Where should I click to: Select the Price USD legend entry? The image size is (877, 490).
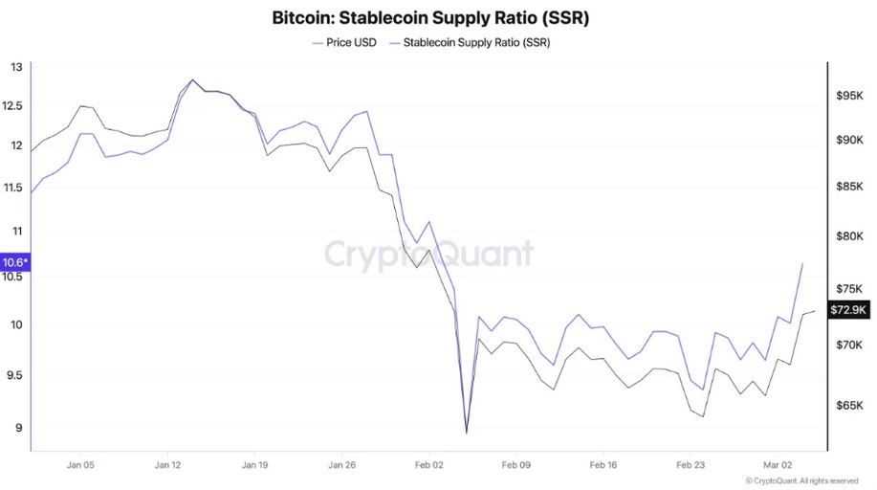point(344,43)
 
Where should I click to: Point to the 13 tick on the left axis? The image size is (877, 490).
point(16,67)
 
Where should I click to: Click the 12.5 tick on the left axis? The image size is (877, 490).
point(16,105)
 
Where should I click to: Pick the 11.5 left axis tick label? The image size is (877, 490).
point(16,188)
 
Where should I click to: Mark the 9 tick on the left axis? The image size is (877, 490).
point(16,428)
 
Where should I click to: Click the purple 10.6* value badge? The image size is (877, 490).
point(15,262)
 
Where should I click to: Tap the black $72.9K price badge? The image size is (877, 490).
point(847,309)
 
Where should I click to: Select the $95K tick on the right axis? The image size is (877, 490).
point(849,97)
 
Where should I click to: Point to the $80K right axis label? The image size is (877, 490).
point(849,236)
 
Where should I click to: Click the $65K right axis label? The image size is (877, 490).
point(849,406)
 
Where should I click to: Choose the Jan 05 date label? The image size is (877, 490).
point(80,464)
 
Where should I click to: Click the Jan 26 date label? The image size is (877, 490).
point(341,464)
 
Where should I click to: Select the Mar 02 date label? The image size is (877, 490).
point(778,464)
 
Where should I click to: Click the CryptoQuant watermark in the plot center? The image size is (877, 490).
point(428,255)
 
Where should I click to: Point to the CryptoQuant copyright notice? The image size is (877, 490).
point(801,480)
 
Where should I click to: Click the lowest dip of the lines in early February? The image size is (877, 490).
point(467,433)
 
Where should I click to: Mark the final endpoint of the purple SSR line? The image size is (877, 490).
point(801,263)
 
